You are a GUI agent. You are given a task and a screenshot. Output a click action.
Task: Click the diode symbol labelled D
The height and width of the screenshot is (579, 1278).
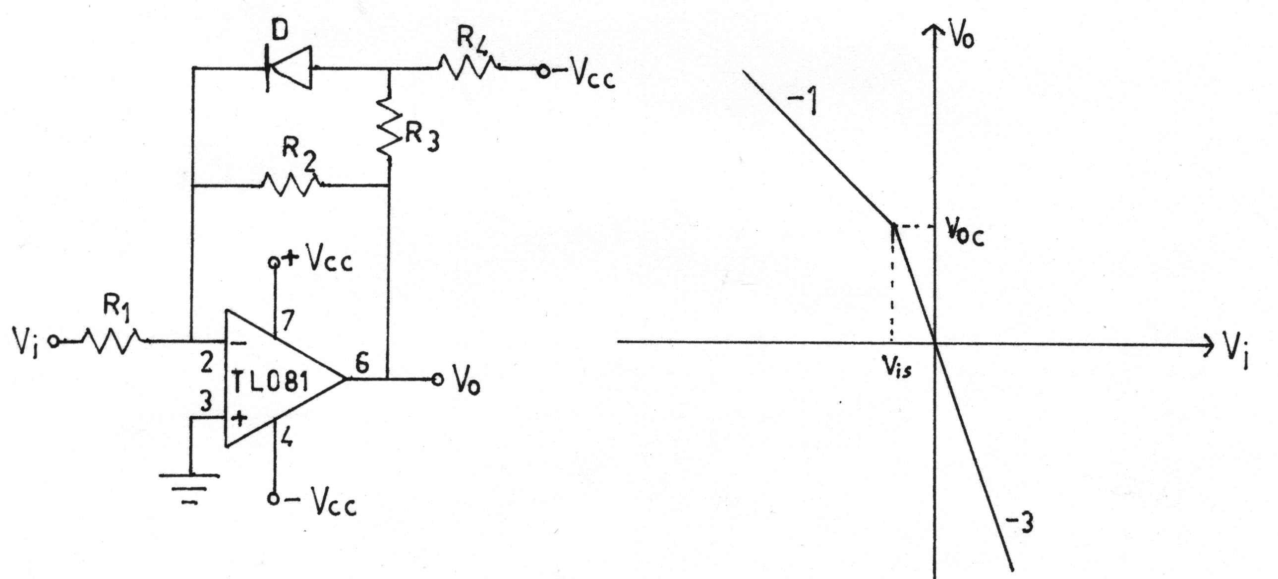[289, 67]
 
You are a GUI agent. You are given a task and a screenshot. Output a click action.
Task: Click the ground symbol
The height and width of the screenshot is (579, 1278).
[190, 489]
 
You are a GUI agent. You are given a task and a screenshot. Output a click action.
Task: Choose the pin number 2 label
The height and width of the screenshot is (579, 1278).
[206, 362]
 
